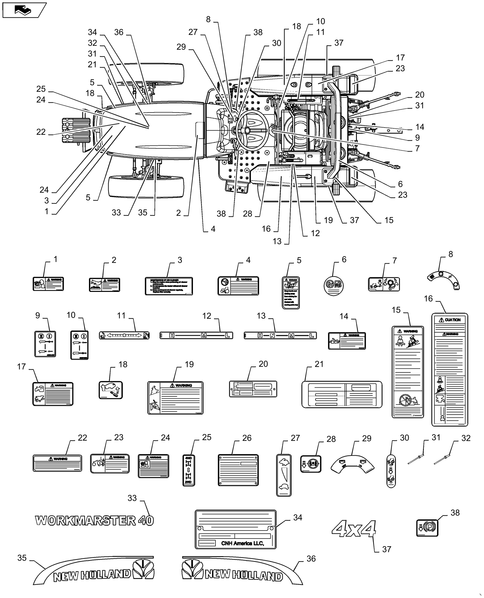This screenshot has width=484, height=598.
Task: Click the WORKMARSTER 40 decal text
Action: tap(94, 521)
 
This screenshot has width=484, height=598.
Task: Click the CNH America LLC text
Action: tap(242, 543)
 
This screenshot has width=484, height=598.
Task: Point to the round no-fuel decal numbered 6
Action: tap(334, 285)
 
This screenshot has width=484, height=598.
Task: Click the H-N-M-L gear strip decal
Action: tap(280, 335)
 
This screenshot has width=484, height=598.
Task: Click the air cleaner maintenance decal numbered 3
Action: tap(168, 286)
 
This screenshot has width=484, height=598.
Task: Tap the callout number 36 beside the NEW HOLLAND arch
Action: tap(311, 559)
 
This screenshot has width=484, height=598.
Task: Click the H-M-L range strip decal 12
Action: tap(196, 335)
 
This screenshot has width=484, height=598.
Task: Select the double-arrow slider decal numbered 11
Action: tap(124, 335)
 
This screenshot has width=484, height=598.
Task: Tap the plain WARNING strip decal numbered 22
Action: tap(57, 463)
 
